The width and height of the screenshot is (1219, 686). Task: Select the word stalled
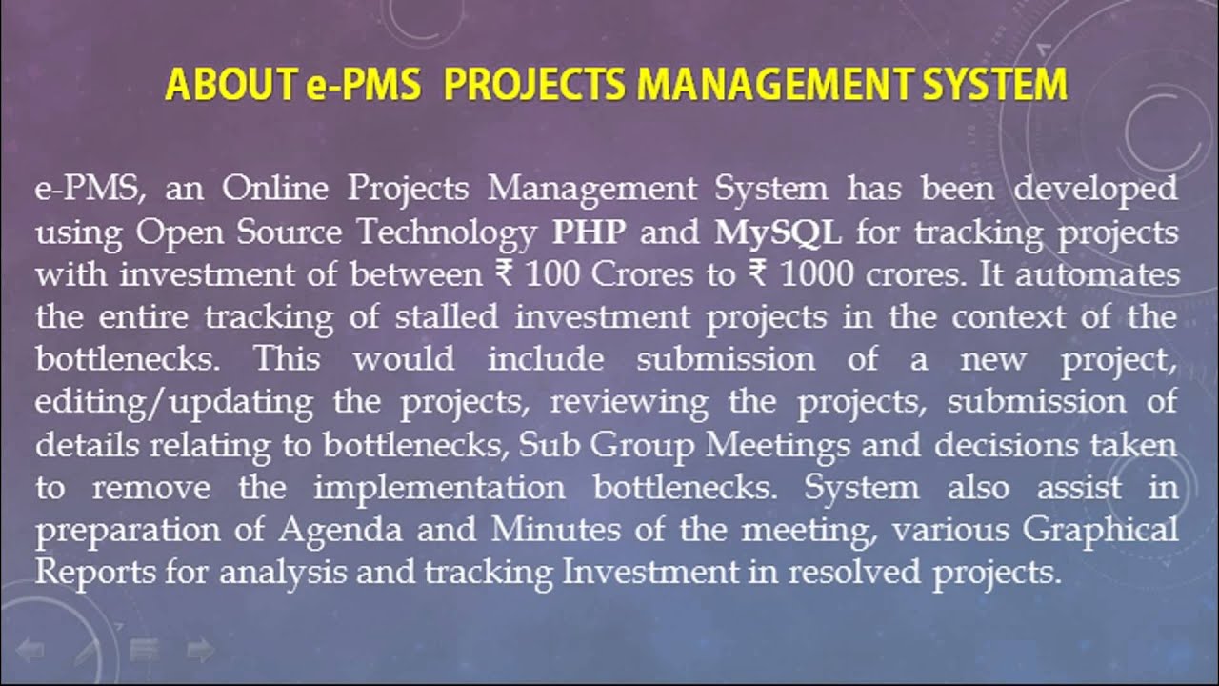(x=439, y=317)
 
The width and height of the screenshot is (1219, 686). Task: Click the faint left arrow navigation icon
(x=30, y=652)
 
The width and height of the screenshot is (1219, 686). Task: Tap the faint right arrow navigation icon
(x=200, y=652)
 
